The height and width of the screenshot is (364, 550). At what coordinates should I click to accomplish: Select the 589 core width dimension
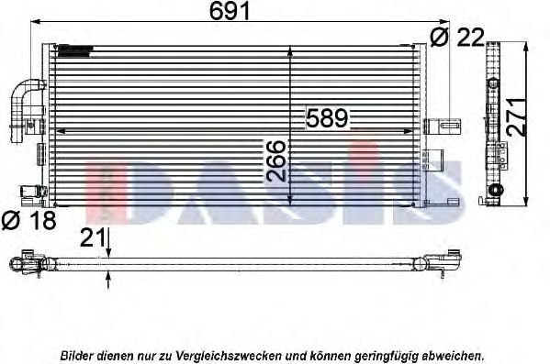point(327,118)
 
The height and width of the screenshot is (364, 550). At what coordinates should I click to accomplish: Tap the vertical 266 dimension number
point(276,160)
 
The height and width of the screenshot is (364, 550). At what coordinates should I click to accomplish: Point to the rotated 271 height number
point(517,116)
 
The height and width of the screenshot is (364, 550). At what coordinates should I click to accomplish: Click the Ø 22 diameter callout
point(457,37)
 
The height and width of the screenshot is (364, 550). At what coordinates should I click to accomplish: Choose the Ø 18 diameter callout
point(28,220)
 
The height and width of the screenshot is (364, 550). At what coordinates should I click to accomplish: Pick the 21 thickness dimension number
point(93,237)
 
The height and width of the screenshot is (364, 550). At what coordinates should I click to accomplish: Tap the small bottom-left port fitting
point(33,192)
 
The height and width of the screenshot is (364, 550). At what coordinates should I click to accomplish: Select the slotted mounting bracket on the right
point(443,127)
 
